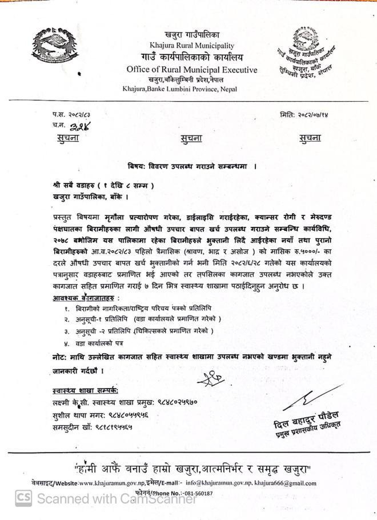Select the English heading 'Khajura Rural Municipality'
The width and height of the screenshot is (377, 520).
click(192, 46)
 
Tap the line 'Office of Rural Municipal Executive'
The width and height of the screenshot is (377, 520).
click(192, 70)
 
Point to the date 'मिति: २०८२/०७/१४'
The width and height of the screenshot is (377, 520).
click(304, 114)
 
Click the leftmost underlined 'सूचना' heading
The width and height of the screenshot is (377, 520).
click(68, 138)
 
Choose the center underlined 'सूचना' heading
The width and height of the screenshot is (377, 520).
click(192, 138)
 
